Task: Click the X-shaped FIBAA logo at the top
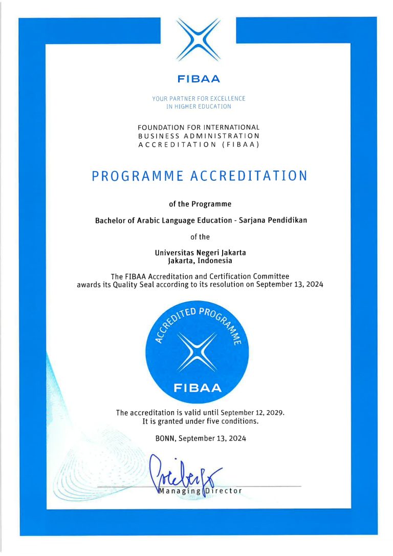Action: coord(199,40)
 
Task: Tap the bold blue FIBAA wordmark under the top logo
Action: coord(199,79)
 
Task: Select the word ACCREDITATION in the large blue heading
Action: coord(249,176)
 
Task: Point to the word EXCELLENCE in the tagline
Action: coord(228,98)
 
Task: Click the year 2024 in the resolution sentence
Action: coord(313,285)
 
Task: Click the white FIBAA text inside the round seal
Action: coord(198,388)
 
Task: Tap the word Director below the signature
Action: coord(224,491)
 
